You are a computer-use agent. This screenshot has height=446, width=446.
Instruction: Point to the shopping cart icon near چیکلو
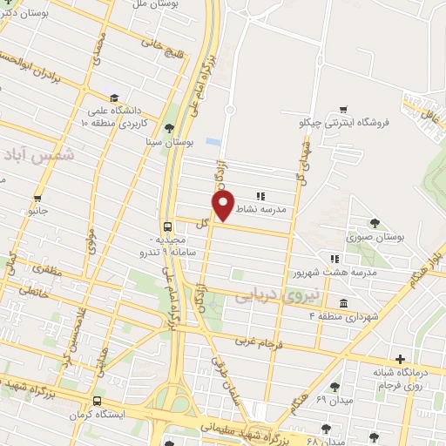344,109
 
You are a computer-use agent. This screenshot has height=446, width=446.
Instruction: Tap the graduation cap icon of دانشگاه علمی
114,98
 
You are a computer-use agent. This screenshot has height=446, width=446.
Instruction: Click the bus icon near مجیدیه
167,226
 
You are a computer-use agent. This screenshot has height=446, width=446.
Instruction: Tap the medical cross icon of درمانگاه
400,358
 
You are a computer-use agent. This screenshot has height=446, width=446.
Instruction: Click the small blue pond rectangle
213,140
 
